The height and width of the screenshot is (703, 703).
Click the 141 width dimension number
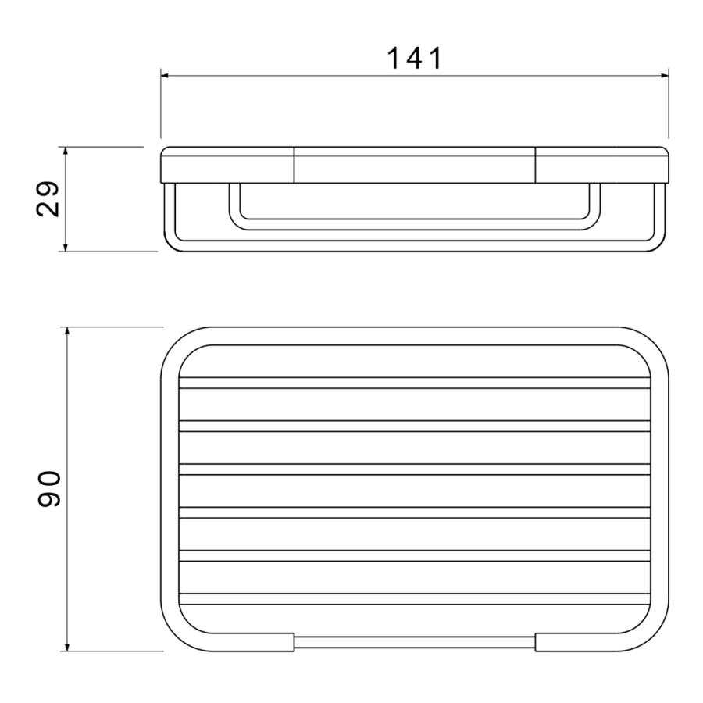pos(415,59)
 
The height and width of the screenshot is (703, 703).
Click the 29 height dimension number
pos(48,199)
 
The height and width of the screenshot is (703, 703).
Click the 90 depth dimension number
pos(49,489)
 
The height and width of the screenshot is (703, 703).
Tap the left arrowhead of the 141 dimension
pos(165,76)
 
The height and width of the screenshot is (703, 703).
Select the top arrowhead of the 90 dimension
pos(67,331)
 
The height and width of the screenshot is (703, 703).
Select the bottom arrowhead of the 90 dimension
pos(67,647)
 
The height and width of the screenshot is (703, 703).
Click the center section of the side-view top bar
pos(415,165)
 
